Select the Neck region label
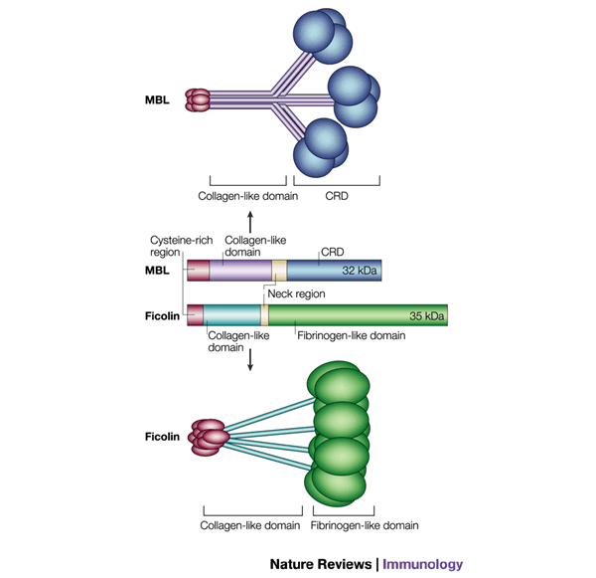coord(296,294)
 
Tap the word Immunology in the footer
coord(423,564)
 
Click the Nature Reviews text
coord(321,564)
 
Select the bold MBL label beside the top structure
coord(157,99)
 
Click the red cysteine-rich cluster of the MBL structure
coord(199,99)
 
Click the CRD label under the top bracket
coord(337,196)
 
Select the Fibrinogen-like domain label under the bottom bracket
coord(364,524)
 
